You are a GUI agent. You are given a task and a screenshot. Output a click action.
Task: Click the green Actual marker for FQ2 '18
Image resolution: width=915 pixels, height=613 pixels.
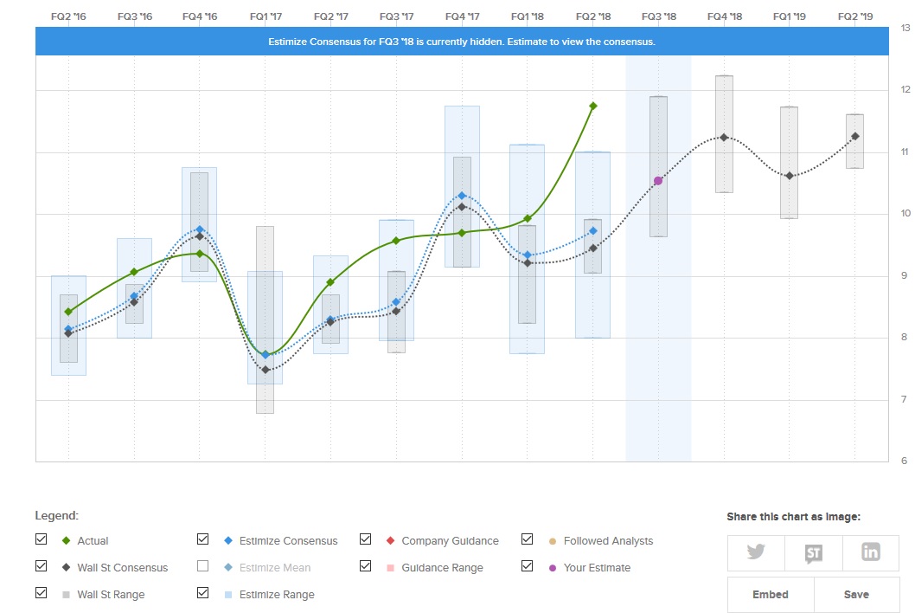click(593, 106)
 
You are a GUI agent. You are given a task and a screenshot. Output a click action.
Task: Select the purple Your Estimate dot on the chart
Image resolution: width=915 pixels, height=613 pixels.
click(658, 181)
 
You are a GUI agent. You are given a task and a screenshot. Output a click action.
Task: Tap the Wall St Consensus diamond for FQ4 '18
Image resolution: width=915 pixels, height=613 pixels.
click(724, 138)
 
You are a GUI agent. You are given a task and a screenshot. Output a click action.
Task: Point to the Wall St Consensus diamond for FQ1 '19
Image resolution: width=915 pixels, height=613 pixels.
click(790, 176)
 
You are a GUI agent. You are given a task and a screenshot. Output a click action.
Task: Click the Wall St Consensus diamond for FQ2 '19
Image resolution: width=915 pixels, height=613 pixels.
click(855, 136)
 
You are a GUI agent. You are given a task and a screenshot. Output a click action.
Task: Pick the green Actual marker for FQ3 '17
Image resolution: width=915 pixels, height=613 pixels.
click(396, 240)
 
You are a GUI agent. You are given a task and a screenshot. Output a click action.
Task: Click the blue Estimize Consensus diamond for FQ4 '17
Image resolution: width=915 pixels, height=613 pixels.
click(462, 196)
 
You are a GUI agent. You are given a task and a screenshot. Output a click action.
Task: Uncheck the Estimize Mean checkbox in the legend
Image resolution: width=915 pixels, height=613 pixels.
click(203, 566)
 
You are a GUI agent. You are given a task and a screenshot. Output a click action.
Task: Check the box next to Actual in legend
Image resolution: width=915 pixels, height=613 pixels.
click(42, 539)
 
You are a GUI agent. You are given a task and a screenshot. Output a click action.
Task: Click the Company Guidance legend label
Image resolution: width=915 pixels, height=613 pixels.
click(450, 541)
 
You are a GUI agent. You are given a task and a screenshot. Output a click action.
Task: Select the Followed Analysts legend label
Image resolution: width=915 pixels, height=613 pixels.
click(608, 541)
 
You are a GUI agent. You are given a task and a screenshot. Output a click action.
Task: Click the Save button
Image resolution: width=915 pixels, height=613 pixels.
click(856, 595)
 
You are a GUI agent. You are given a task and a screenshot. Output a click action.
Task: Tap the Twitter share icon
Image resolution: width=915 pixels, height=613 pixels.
click(756, 552)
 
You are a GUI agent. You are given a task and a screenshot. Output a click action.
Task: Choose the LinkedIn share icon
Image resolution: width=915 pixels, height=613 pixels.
click(870, 552)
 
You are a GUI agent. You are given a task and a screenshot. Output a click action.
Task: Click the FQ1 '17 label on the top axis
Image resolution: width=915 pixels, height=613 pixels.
click(265, 16)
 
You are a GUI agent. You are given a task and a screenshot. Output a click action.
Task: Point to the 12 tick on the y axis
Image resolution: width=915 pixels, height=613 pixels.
click(905, 90)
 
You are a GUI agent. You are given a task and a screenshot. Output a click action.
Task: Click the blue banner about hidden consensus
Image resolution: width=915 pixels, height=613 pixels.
click(462, 42)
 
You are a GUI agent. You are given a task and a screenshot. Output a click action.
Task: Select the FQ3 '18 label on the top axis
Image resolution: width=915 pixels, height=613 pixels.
click(658, 16)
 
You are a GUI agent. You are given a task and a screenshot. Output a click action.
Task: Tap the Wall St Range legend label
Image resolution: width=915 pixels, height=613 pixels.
click(111, 595)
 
